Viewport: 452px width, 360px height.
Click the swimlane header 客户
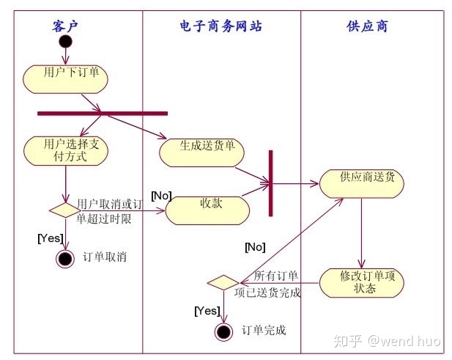(65, 26)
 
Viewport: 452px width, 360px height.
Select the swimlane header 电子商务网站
(221, 26)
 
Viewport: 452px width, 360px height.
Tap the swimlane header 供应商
(367, 26)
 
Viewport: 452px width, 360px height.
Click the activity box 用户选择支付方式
(66, 150)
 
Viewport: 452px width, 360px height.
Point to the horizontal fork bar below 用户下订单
(103, 113)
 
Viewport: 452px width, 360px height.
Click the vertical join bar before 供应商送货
(270, 183)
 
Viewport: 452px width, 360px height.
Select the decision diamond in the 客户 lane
(65, 210)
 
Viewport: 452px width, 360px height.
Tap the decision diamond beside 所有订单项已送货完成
(223, 282)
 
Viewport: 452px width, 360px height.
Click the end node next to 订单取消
(65, 258)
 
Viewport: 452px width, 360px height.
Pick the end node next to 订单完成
(223, 331)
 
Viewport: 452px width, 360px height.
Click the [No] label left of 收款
(160, 196)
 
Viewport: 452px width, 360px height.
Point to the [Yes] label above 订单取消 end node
(50, 238)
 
